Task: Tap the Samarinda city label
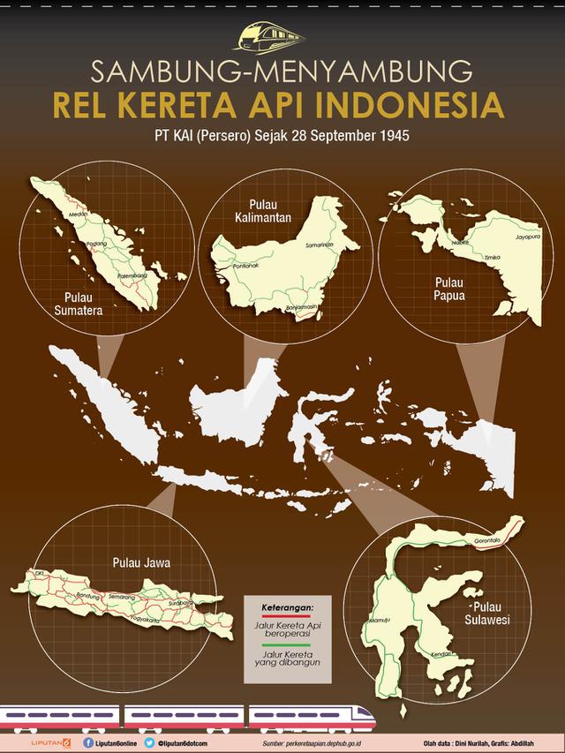click(321, 244)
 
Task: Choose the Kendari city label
click(441, 654)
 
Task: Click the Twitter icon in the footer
click(151, 742)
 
